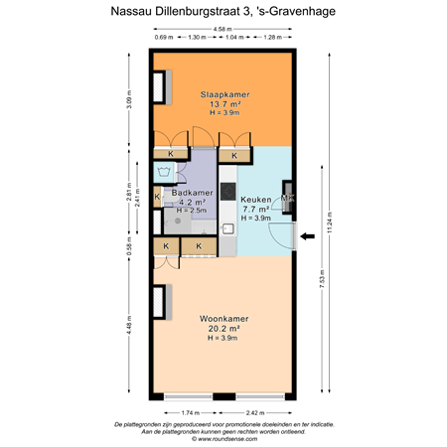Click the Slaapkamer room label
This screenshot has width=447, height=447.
tap(223, 93)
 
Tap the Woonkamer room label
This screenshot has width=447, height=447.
tap(223, 319)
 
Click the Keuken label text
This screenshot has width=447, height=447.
tap(256, 200)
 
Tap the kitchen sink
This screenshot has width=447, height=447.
tap(227, 228)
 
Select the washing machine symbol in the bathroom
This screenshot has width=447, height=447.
tap(164, 173)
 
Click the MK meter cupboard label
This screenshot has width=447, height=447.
tap(287, 199)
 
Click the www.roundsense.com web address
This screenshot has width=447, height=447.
tap(223, 438)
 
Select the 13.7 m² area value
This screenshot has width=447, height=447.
tap(223, 103)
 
